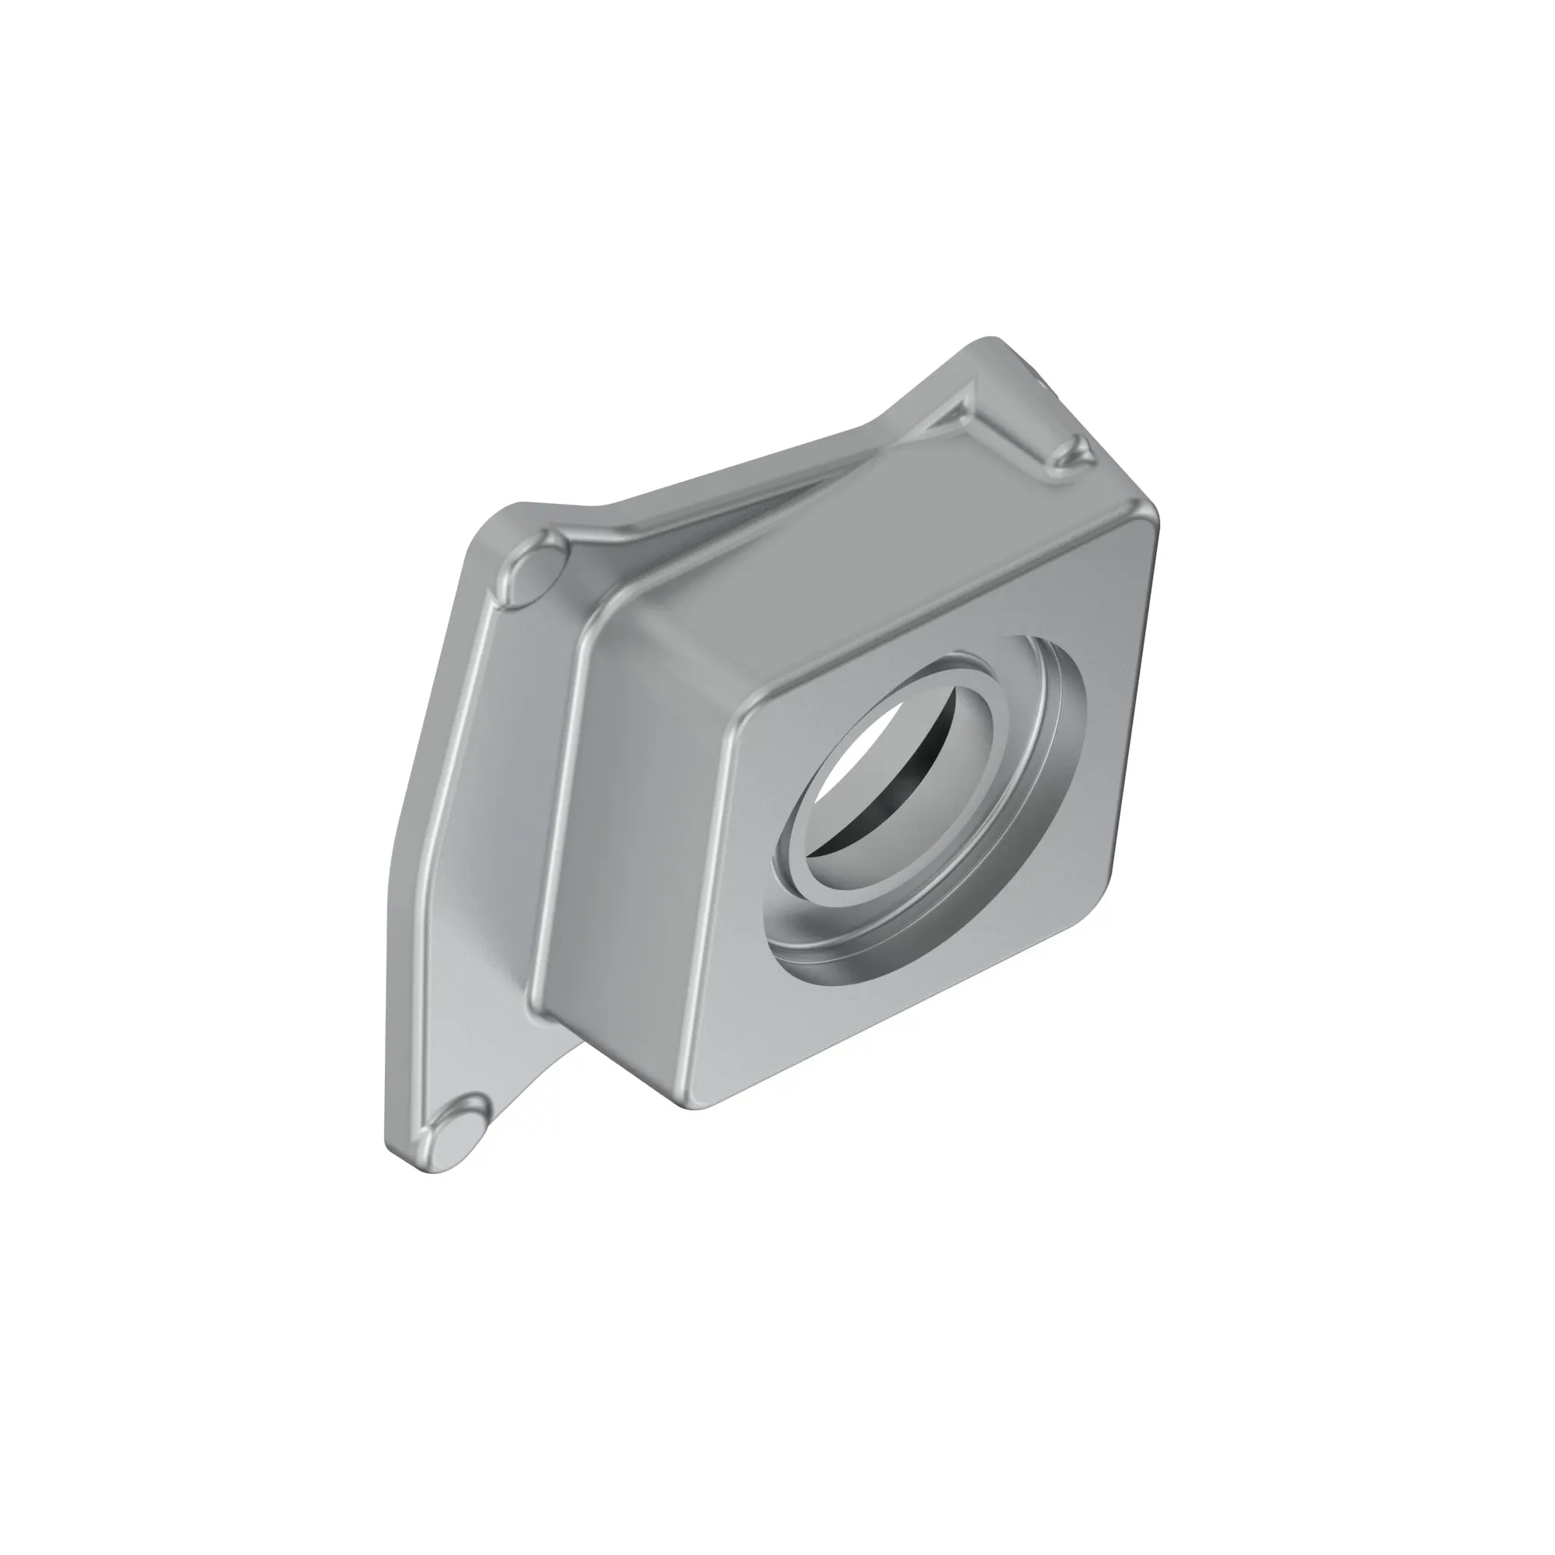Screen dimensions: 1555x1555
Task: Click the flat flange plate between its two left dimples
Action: [x=475, y=845]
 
